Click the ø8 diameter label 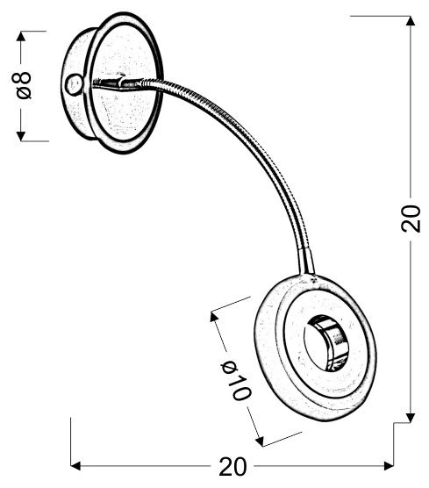(x=24, y=84)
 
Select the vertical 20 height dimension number (x=411, y=219)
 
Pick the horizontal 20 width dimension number (x=232, y=466)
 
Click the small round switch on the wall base (x=73, y=84)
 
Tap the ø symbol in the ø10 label (x=227, y=361)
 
